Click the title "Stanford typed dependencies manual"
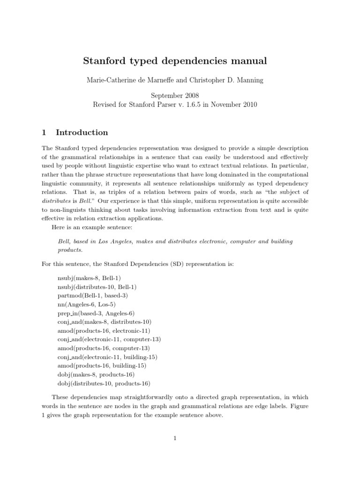pyautogui.click(x=175, y=61)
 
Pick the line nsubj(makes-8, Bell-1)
pyautogui.click(x=89, y=278)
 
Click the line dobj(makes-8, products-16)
pyautogui.click(x=96, y=375)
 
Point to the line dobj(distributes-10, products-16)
pyautogui.click(x=104, y=383)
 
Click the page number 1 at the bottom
pyautogui.click(x=175, y=438)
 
